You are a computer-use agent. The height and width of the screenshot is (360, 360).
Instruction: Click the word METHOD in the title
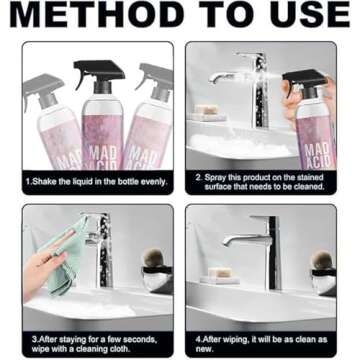pyautogui.click(x=97, y=14)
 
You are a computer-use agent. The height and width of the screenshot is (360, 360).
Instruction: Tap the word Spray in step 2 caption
pyautogui.click(x=215, y=178)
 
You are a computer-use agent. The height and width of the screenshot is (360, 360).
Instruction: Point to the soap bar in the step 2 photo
pyautogui.click(x=207, y=109)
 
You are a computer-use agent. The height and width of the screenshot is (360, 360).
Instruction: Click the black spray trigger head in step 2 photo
pyautogui.click(x=304, y=81)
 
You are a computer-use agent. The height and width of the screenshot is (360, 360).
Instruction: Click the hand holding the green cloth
pyautogui.click(x=42, y=270)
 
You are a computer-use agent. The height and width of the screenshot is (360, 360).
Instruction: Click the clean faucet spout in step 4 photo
pyautogui.click(x=245, y=240)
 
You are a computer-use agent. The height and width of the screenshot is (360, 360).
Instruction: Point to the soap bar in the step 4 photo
pyautogui.click(x=220, y=272)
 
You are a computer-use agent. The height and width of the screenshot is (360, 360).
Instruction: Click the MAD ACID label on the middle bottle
pyautogui.click(x=103, y=157)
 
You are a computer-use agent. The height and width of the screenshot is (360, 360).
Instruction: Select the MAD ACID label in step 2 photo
pyautogui.click(x=317, y=155)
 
